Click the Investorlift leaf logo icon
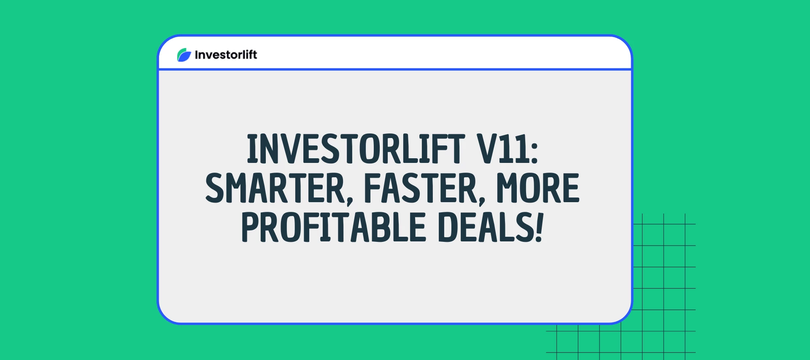184,55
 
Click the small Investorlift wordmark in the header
226,55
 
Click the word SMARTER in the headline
275,188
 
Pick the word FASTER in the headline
421,188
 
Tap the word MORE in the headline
537,188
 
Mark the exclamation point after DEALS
539,227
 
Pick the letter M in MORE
508,188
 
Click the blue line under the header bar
395,69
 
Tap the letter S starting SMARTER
216,188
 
